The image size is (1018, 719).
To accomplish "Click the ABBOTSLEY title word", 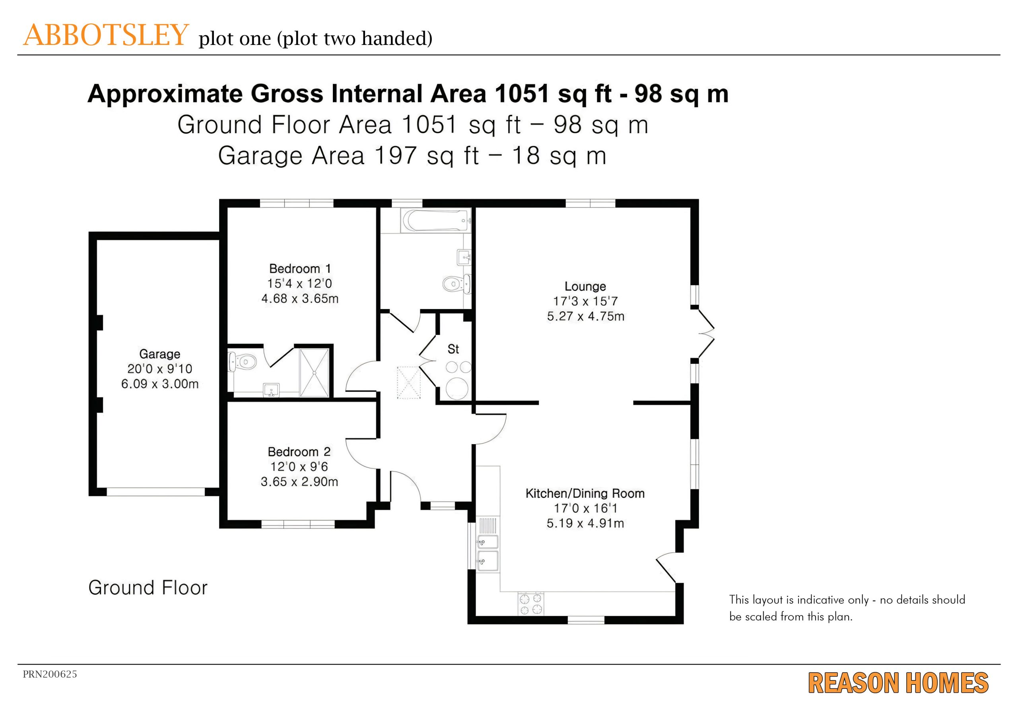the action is [106, 35].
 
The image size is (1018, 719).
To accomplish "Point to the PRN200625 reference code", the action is [50, 674].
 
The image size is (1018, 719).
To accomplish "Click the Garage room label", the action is [159, 354].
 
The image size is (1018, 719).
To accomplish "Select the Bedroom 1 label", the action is [300, 269].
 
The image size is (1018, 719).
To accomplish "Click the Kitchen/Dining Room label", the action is [585, 493].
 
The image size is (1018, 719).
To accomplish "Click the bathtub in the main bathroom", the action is [435, 220].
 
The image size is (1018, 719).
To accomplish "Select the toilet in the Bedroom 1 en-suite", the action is [242, 362].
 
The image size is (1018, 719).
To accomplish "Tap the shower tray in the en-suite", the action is [315, 373].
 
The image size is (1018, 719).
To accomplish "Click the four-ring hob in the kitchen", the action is [531, 604].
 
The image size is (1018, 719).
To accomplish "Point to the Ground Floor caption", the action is [148, 588].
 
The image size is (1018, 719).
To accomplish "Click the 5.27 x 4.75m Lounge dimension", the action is [585, 316].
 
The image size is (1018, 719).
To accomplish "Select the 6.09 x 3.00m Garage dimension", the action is [159, 384].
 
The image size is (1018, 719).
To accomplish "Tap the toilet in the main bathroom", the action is [457, 283].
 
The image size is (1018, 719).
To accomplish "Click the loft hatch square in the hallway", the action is [408, 382].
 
